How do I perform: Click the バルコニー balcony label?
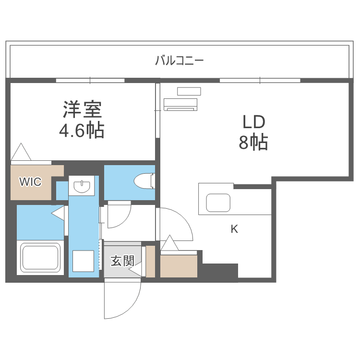[x=180, y=60]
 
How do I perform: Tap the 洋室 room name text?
[x=82, y=110]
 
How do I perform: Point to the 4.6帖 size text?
[x=82, y=130]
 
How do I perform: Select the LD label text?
[x=253, y=122]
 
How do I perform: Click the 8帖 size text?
[x=253, y=143]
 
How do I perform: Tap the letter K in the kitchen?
[x=234, y=229]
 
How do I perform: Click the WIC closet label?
[x=30, y=181]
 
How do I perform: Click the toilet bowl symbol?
[x=144, y=181]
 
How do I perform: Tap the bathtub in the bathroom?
[x=40, y=258]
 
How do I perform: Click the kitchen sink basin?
[x=219, y=202]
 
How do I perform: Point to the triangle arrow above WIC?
[x=21, y=152]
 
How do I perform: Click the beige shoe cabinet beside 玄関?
[x=150, y=262]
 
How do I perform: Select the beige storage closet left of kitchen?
[x=179, y=266]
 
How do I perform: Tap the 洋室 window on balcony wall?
[x=90, y=80]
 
